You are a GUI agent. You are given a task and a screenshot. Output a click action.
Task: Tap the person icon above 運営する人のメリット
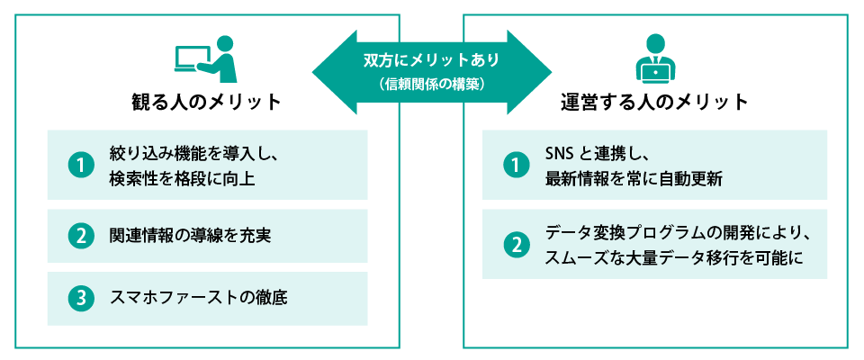654,58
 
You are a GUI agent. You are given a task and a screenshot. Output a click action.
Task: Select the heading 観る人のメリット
207,102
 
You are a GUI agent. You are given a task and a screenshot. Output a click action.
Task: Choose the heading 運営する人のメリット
653,102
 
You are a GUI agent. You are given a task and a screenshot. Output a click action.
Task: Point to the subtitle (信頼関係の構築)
432,85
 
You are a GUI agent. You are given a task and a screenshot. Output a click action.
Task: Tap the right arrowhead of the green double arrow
536,72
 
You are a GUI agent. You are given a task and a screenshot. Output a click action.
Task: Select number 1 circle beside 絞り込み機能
81,165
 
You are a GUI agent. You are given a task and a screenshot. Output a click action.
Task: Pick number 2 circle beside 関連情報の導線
81,236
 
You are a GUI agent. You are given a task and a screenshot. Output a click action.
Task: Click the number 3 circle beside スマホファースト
81,298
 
